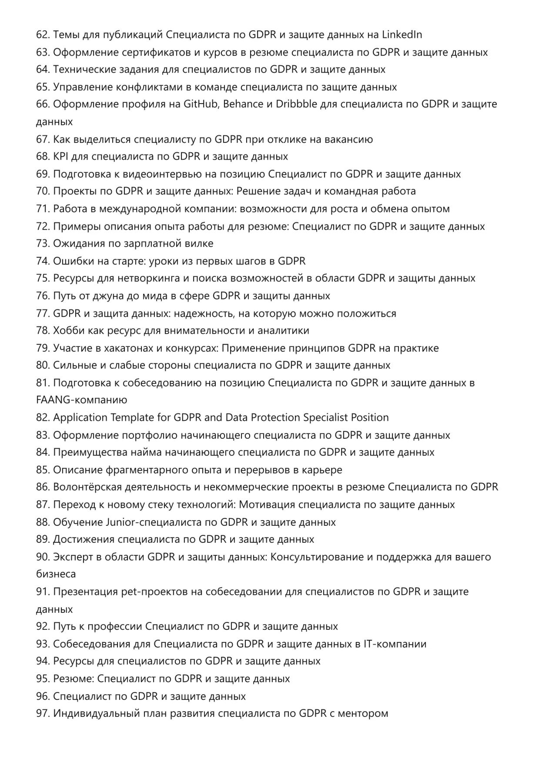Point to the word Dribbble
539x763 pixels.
click(296, 104)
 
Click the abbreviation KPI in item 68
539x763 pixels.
click(59, 157)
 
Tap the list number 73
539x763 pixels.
click(43, 244)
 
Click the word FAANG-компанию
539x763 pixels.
click(81, 400)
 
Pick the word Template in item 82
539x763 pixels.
click(132, 418)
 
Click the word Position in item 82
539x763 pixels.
click(370, 418)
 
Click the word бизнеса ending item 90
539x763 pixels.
click(56, 574)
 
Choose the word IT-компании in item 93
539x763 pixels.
click(395, 644)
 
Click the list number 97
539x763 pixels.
click(43, 714)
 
